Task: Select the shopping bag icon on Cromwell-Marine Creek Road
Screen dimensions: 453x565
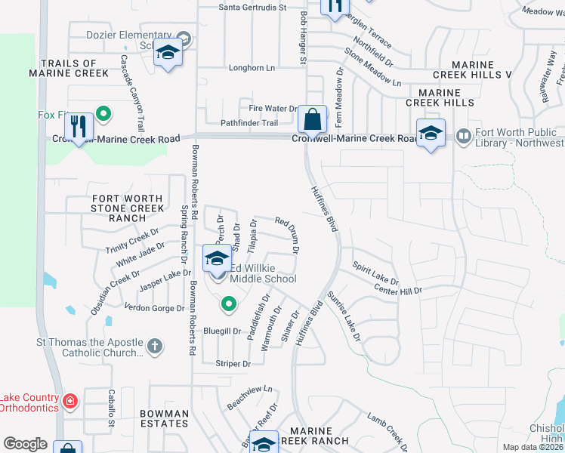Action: coord(311,119)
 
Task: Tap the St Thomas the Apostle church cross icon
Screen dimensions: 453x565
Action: coord(154,347)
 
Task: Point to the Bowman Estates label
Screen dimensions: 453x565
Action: coord(165,418)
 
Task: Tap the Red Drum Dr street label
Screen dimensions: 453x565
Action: coord(288,235)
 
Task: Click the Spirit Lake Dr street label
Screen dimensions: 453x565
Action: coord(375,273)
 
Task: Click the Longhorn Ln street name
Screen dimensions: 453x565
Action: coord(252,68)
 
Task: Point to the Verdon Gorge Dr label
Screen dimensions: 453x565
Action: coord(154,308)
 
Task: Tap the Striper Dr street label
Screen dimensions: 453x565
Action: coord(233,364)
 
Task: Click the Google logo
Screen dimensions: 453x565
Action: coord(26,444)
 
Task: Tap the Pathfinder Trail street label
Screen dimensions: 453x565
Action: coord(233,123)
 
